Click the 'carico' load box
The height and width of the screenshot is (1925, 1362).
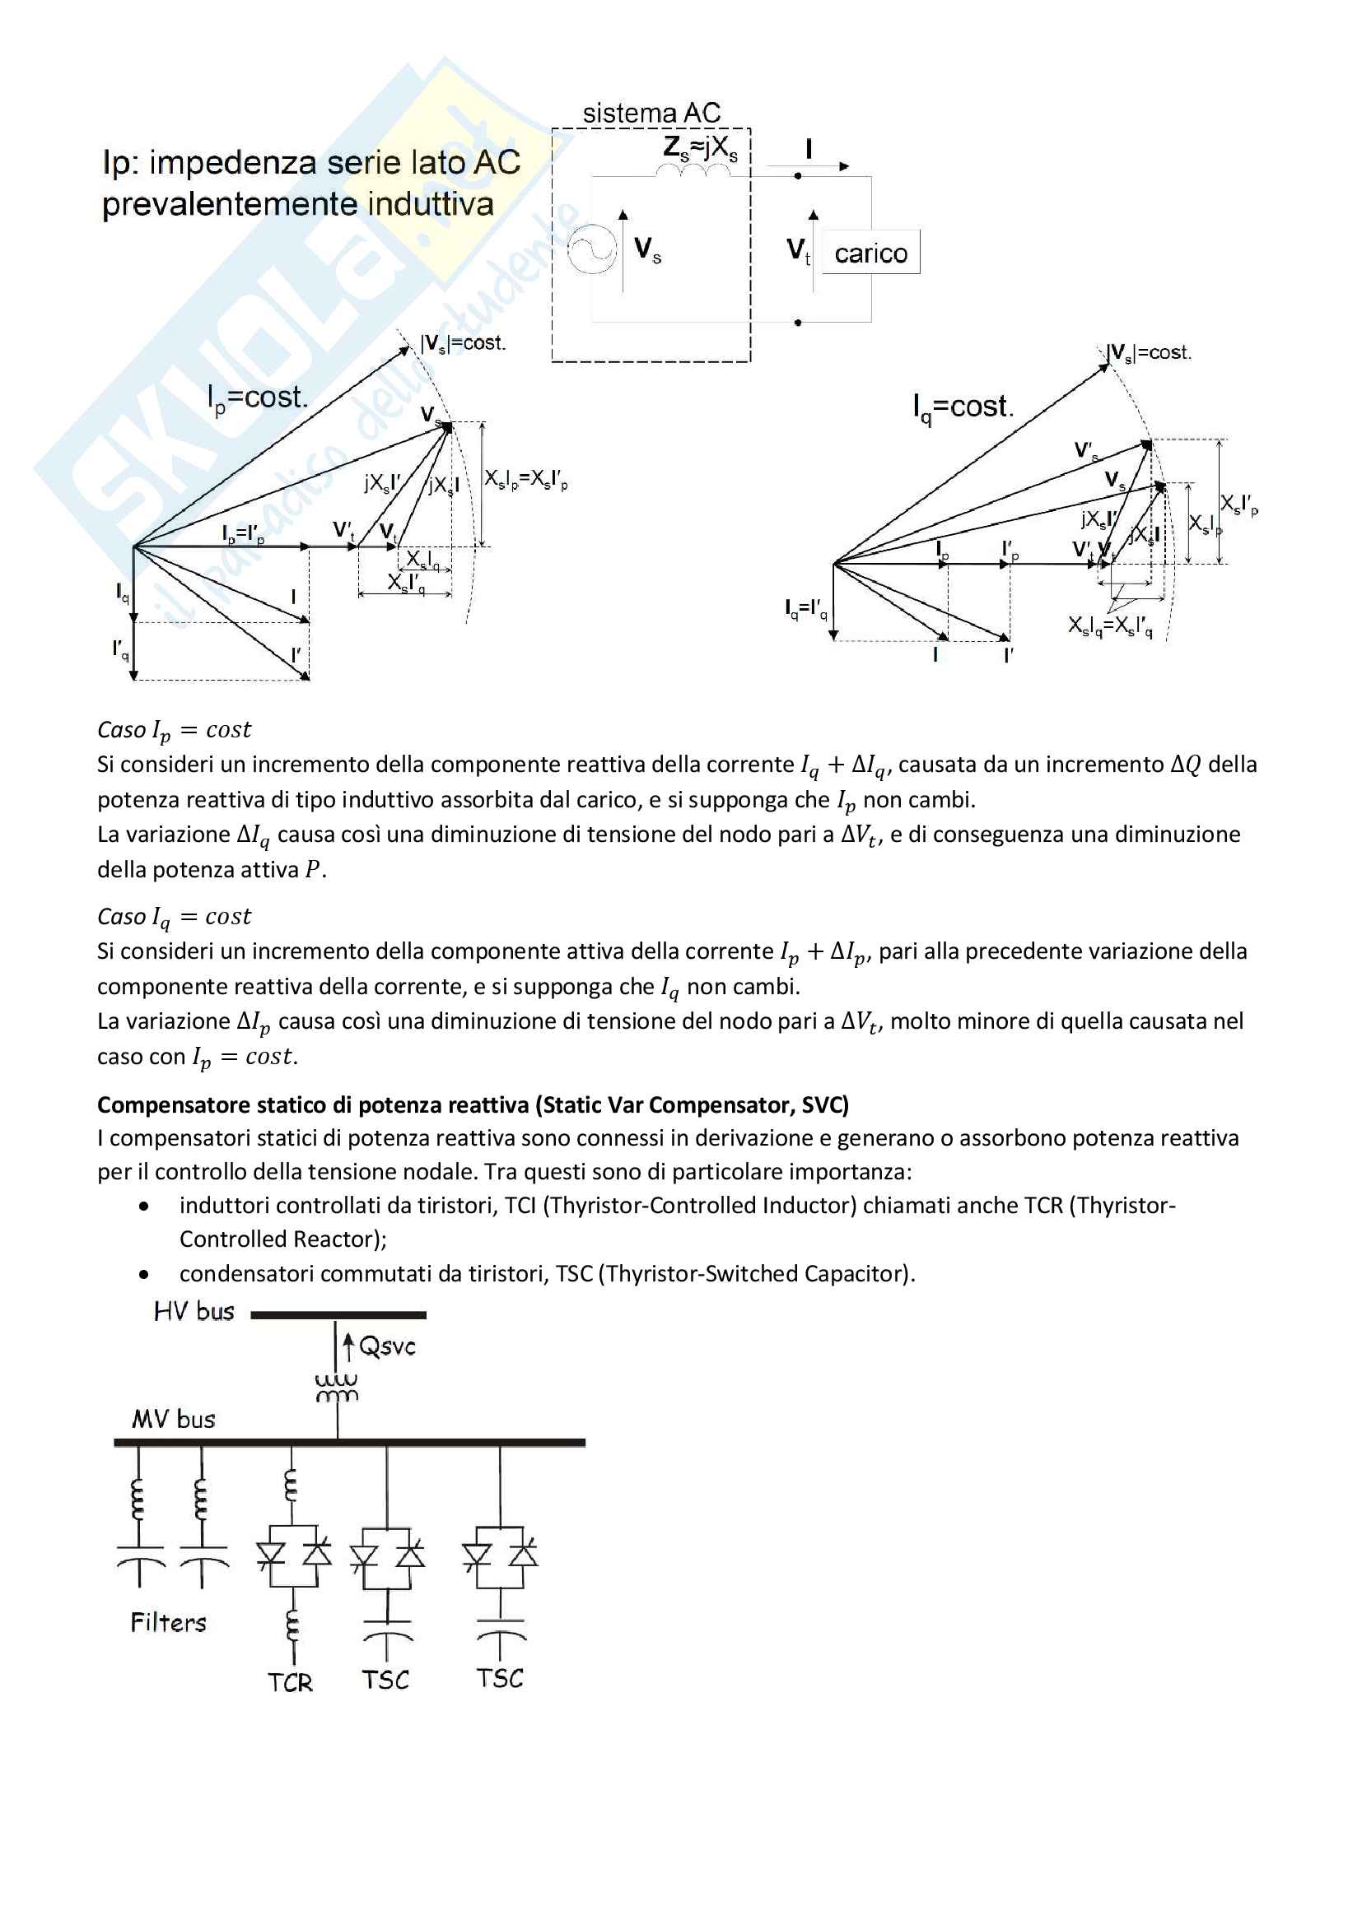pos(870,253)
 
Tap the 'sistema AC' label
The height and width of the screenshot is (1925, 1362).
pos(651,114)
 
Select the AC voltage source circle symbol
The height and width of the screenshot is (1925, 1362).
pos(591,249)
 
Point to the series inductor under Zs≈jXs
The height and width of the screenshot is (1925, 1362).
pos(693,172)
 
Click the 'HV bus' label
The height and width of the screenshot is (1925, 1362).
pos(194,1312)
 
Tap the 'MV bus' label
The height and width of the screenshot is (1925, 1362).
pos(174,1420)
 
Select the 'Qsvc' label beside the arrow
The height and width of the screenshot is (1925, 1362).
pos(388,1346)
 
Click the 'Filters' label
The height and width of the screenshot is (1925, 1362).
pos(168,1622)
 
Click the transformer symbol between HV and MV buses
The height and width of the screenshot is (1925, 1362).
pos(337,1388)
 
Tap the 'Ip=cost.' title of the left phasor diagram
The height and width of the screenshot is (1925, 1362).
pos(258,398)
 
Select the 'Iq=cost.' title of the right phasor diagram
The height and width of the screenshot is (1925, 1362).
pos(963,407)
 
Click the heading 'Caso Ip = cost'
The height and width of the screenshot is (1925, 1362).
pos(174,730)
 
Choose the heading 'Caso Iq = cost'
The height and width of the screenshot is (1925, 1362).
pos(174,916)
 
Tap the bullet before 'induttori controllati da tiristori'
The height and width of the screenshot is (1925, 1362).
pos(144,1207)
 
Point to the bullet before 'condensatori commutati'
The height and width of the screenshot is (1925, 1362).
pos(144,1274)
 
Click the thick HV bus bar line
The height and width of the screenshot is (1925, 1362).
pos(338,1314)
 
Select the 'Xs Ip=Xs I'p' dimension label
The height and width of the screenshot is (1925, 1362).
pos(526,480)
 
